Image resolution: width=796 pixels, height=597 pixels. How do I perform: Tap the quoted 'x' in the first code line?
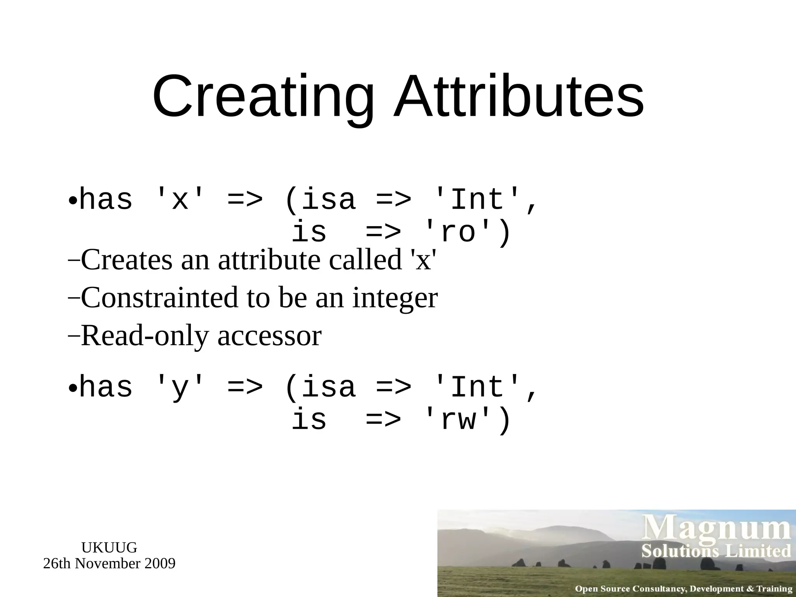pos(180,199)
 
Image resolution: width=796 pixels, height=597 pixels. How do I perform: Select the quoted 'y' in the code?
pos(180,388)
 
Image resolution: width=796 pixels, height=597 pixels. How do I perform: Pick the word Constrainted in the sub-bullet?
pos(159,298)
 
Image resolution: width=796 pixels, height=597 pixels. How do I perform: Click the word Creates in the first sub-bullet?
pos(126,260)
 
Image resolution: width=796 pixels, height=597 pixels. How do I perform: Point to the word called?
pos(365,260)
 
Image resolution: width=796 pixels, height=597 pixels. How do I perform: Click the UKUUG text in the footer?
pos(109,548)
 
